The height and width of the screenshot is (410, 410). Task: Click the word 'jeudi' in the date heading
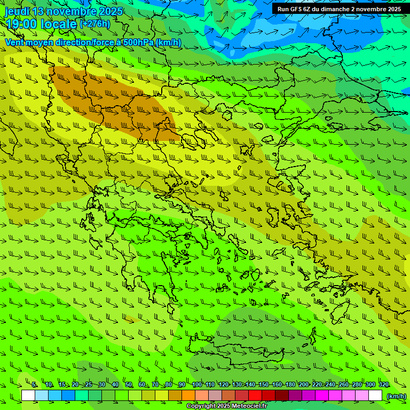click(x=17, y=11)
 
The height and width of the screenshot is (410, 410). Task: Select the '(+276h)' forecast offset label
click(x=95, y=23)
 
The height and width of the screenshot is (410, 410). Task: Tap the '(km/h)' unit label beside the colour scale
click(x=396, y=396)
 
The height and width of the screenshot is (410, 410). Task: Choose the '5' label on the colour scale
click(x=35, y=385)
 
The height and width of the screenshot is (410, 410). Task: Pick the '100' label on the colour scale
click(x=197, y=385)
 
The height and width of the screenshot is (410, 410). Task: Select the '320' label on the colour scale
click(x=383, y=385)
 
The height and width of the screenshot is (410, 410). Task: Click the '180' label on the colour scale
click(x=290, y=385)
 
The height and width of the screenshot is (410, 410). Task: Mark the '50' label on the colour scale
click(x=129, y=385)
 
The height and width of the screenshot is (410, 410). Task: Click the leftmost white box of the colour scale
click(x=28, y=396)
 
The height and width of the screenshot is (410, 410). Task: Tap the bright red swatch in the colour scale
click(x=255, y=396)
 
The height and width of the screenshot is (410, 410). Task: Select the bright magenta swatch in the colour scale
click(x=322, y=396)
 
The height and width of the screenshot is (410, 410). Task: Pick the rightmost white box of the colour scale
click(x=375, y=396)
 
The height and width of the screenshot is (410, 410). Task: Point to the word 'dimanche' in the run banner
click(x=335, y=9)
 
